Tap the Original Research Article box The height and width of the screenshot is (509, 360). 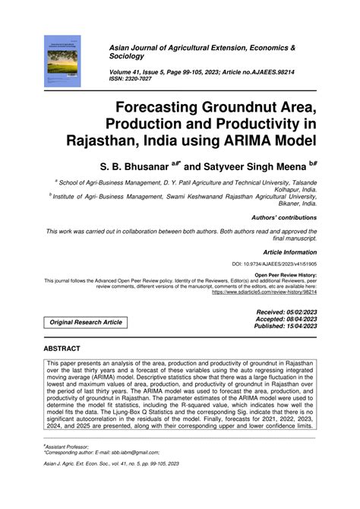click(86, 322)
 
